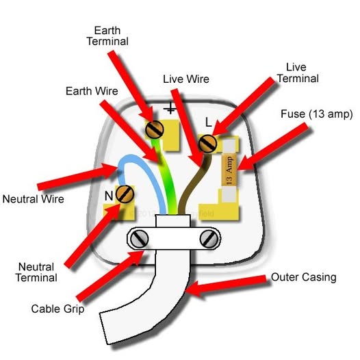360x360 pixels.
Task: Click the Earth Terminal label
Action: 107,36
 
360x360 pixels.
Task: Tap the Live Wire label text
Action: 186,79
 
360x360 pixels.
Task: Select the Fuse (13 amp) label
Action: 317,114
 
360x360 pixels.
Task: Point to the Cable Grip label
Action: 58,309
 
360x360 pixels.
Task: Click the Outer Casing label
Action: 303,277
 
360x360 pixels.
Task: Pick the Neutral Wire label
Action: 34,199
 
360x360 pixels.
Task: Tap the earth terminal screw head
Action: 154,129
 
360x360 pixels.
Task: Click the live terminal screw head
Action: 207,144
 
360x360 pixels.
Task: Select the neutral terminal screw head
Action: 125,194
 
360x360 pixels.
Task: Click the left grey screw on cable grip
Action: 139,239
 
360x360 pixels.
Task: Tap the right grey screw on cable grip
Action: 209,239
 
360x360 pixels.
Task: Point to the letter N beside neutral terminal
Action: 109,196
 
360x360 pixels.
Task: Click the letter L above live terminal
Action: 208,123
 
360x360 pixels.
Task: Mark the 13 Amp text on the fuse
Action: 229,171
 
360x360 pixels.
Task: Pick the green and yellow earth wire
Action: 166,175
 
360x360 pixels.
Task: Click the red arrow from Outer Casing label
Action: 226,285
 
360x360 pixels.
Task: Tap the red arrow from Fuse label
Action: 273,147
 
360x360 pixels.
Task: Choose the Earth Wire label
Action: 92,91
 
